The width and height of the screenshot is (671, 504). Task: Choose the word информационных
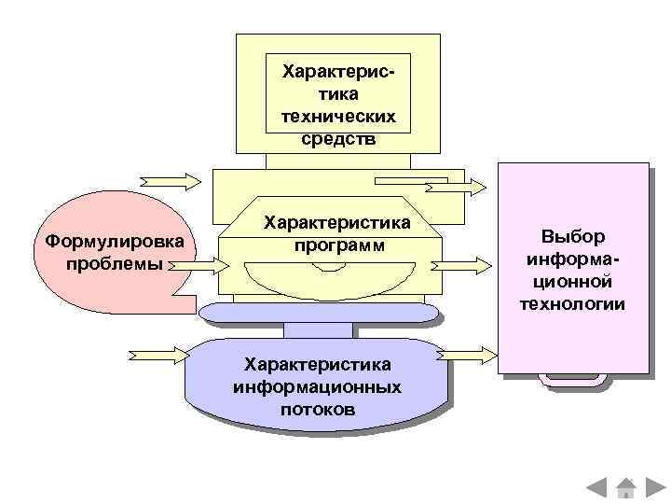[317, 386]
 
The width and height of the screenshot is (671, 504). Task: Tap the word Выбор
[573, 236]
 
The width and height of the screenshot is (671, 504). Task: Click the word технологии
[573, 303]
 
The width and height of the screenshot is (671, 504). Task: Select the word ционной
[573, 281]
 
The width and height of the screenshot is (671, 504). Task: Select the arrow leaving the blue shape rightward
[471, 356]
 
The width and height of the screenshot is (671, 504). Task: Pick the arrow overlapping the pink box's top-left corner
[457, 187]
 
